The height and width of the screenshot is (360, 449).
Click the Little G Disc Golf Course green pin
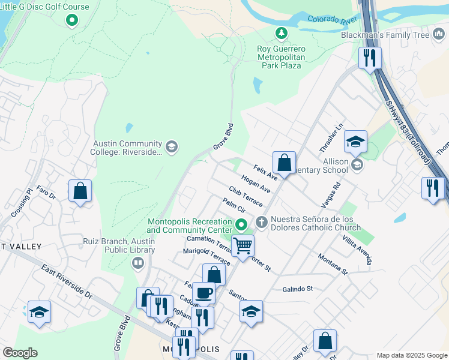pos(71,20)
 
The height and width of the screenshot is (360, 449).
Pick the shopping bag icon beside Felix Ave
pos(284,163)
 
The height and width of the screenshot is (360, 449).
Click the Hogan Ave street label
pos(256,184)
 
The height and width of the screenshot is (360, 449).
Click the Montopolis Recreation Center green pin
pos(241,226)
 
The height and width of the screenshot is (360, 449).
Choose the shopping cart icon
pos(243,245)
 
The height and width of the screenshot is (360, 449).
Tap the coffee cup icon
pos(204,293)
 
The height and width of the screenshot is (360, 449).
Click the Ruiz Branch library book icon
pos(138,263)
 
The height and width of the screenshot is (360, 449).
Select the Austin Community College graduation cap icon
pos(171,147)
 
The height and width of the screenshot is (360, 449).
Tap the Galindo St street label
pos(298,289)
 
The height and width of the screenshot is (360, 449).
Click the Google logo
pos(20,352)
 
